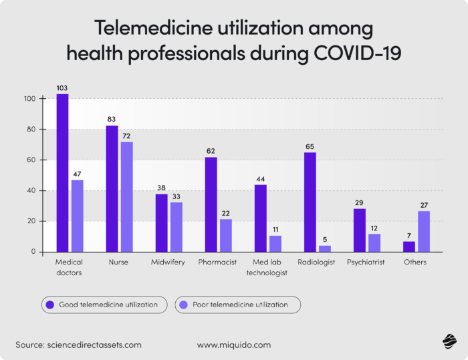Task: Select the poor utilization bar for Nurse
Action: pos(127,197)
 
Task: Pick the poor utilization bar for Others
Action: pos(425,231)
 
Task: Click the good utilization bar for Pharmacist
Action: pos(211,204)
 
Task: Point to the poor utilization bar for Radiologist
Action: pos(325,248)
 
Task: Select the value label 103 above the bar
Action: pos(62,88)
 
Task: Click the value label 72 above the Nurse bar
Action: pos(127,136)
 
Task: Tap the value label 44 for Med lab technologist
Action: pos(260,179)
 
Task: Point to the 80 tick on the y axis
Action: pos(31,130)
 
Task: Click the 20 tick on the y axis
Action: pos(31,221)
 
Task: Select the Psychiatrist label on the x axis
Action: pos(366,262)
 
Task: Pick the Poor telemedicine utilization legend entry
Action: pos(237,305)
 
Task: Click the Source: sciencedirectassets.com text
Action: pos(79,345)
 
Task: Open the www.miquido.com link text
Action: pos(234,345)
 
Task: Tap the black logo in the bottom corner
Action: pos(448,342)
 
